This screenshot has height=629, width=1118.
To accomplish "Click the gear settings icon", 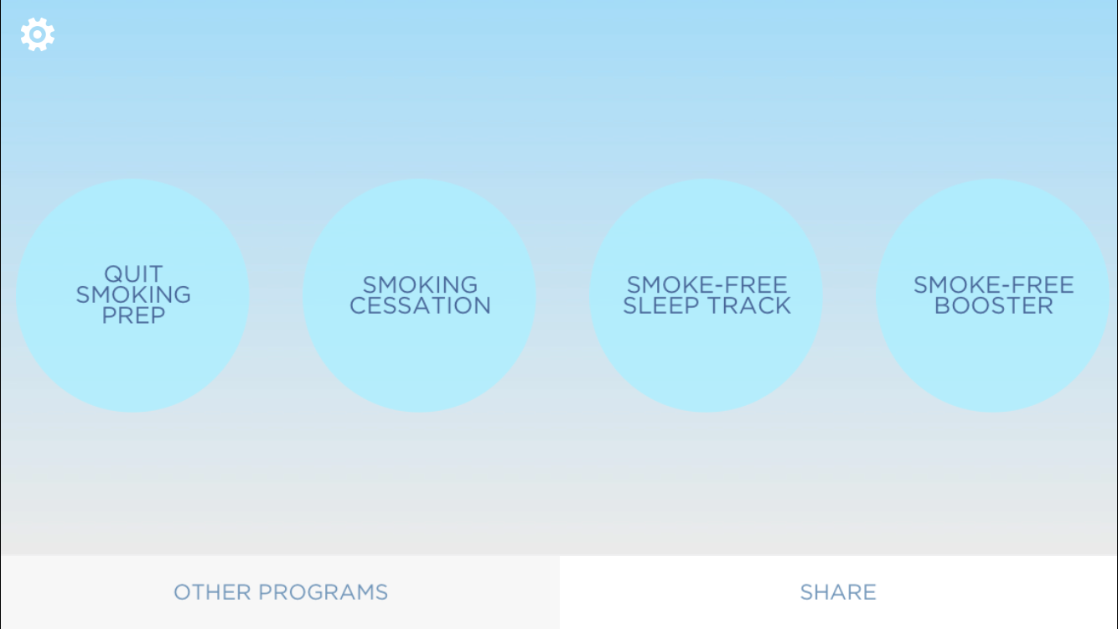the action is click(38, 34).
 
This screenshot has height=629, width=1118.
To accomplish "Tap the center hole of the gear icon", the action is click(38, 34).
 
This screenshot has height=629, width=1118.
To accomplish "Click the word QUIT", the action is click(133, 274).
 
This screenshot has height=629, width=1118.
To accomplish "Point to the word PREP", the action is click(133, 315).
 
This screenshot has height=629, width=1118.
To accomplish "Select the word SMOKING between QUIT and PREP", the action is click(133, 294).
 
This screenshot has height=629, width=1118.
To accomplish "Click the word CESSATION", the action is click(420, 305).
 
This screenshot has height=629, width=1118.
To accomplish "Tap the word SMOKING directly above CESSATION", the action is click(420, 285).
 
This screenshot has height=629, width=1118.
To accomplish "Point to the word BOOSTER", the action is click(994, 305).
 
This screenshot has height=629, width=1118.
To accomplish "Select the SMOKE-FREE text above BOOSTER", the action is click(994, 285).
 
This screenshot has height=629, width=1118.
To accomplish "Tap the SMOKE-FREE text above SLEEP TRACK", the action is click(707, 285).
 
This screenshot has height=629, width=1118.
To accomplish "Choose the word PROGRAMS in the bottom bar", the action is click(323, 592).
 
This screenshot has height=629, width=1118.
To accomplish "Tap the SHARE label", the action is click(838, 592).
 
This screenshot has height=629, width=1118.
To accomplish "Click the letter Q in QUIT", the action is click(113, 274).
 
